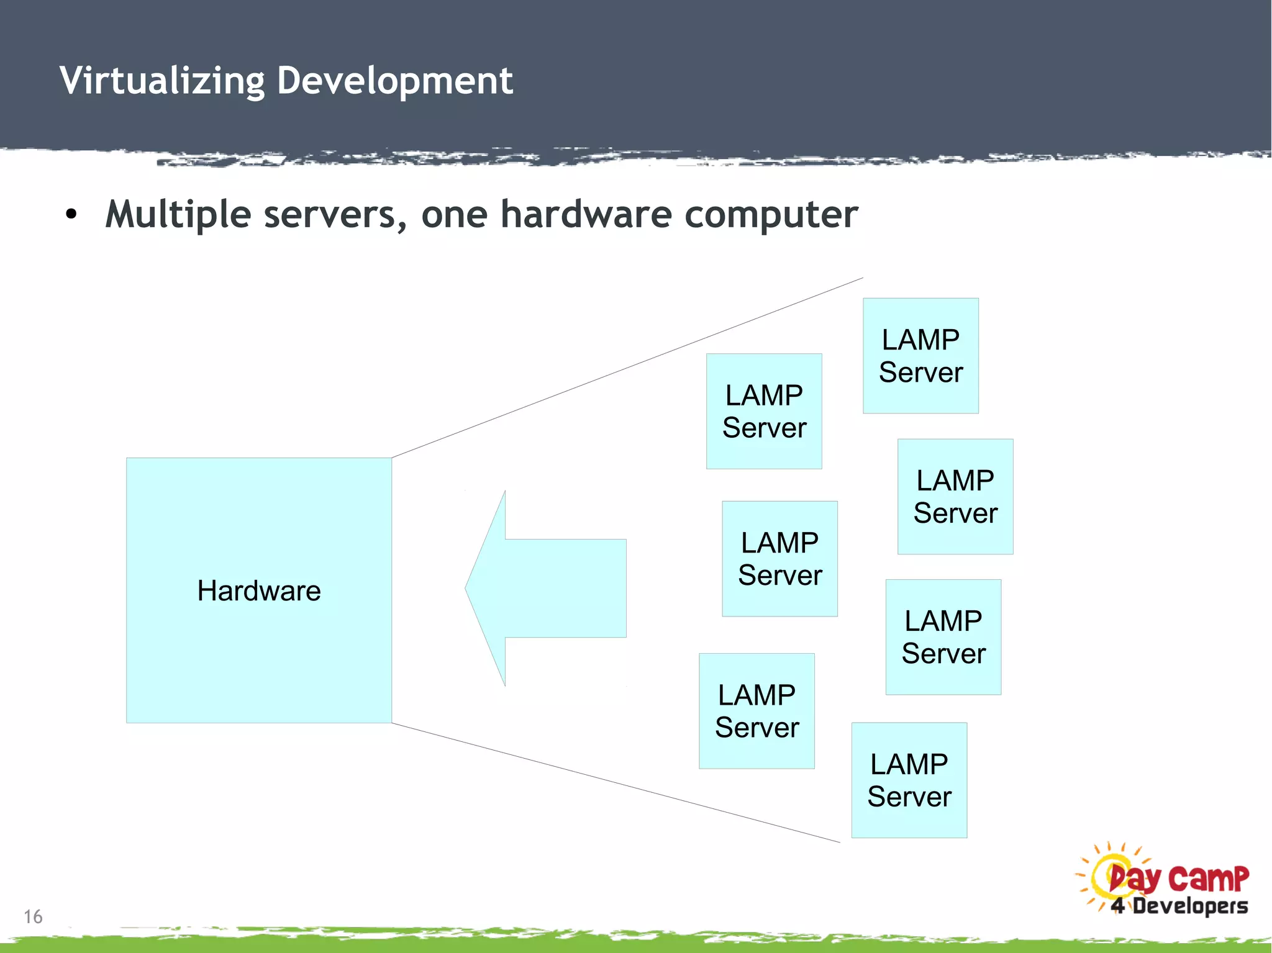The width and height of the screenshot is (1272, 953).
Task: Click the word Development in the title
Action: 394,81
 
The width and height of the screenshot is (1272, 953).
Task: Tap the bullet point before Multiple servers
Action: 71,215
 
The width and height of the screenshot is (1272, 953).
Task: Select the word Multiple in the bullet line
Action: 178,215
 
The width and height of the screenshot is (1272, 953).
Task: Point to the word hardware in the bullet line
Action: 586,215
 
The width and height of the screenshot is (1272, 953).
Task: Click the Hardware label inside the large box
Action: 259,590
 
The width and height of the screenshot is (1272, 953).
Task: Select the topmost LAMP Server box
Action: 920,356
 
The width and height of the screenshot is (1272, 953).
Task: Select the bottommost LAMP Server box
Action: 909,780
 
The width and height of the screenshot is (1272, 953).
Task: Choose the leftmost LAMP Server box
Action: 756,711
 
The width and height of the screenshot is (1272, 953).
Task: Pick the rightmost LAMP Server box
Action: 955,497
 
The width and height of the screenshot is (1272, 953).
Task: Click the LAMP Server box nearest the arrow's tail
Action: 779,559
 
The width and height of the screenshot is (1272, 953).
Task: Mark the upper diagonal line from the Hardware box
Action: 627,368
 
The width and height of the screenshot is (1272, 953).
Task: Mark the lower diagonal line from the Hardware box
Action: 615,783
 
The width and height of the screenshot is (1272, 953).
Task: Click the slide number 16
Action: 33,916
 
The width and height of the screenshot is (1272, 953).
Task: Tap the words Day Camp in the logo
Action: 1178,878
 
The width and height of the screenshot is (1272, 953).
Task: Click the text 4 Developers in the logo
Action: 1179,906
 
